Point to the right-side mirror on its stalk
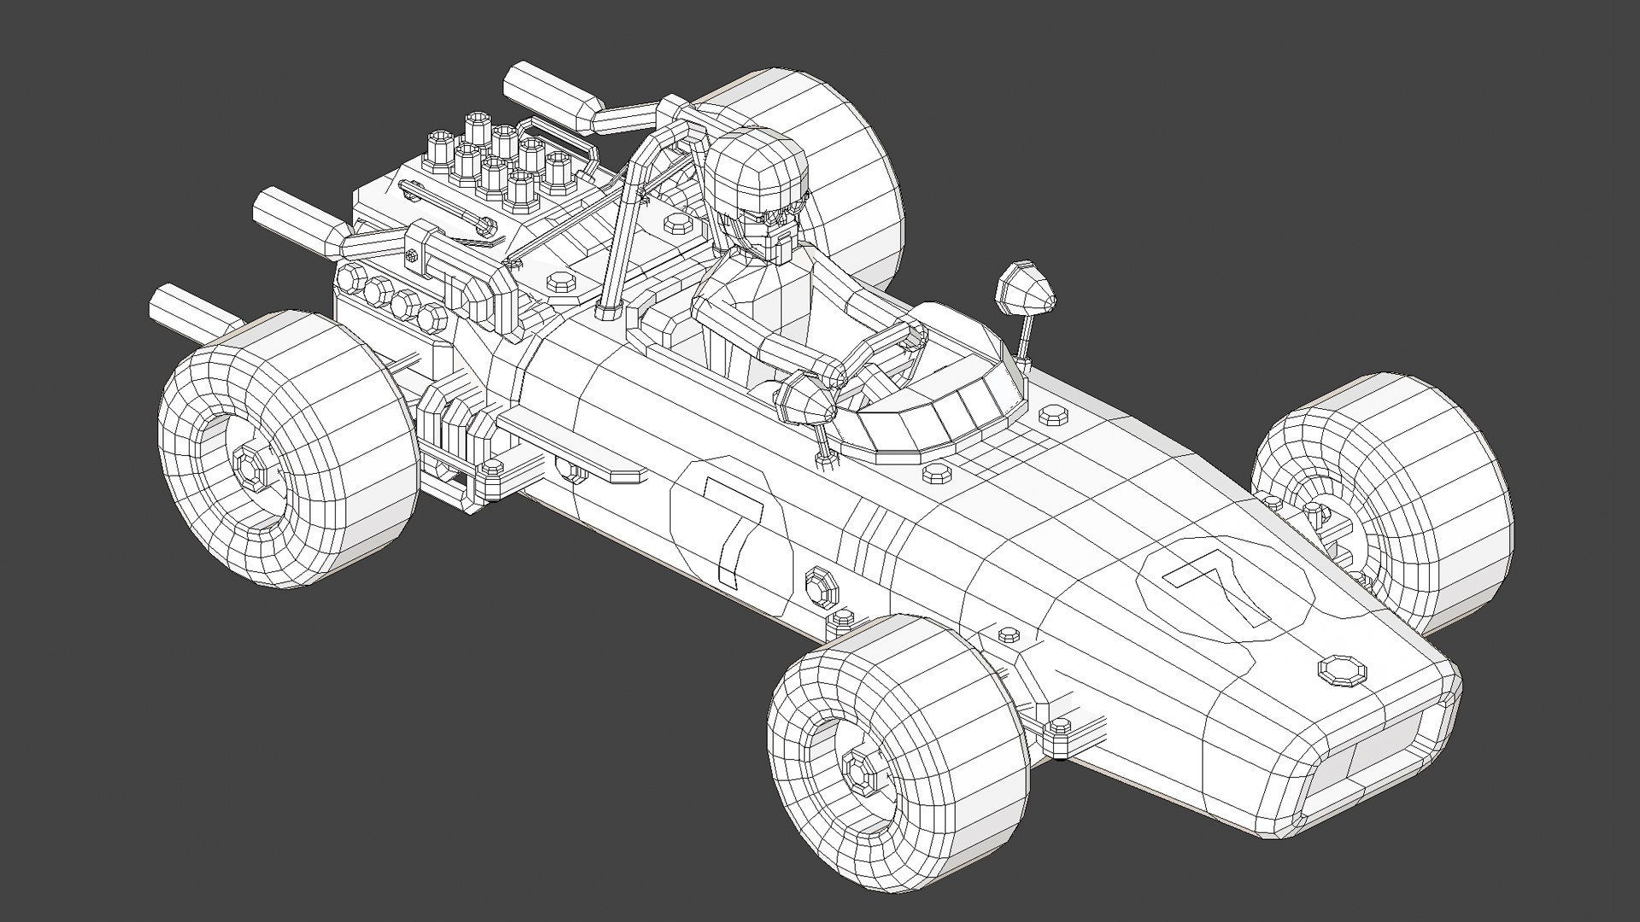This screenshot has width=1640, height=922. pyautogui.click(x=1025, y=290)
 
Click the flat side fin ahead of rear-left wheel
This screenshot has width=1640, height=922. pyautogui.click(x=572, y=444)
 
